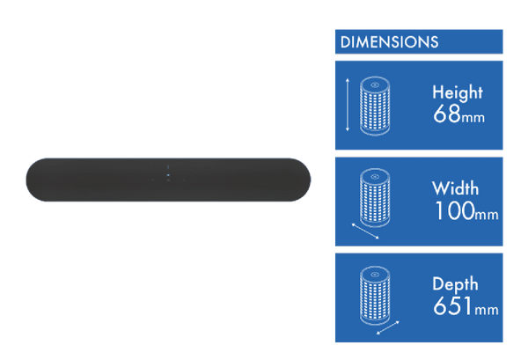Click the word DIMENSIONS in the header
pos(389,41)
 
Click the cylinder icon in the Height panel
pos(376,106)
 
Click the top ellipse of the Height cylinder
pos(376,84)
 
